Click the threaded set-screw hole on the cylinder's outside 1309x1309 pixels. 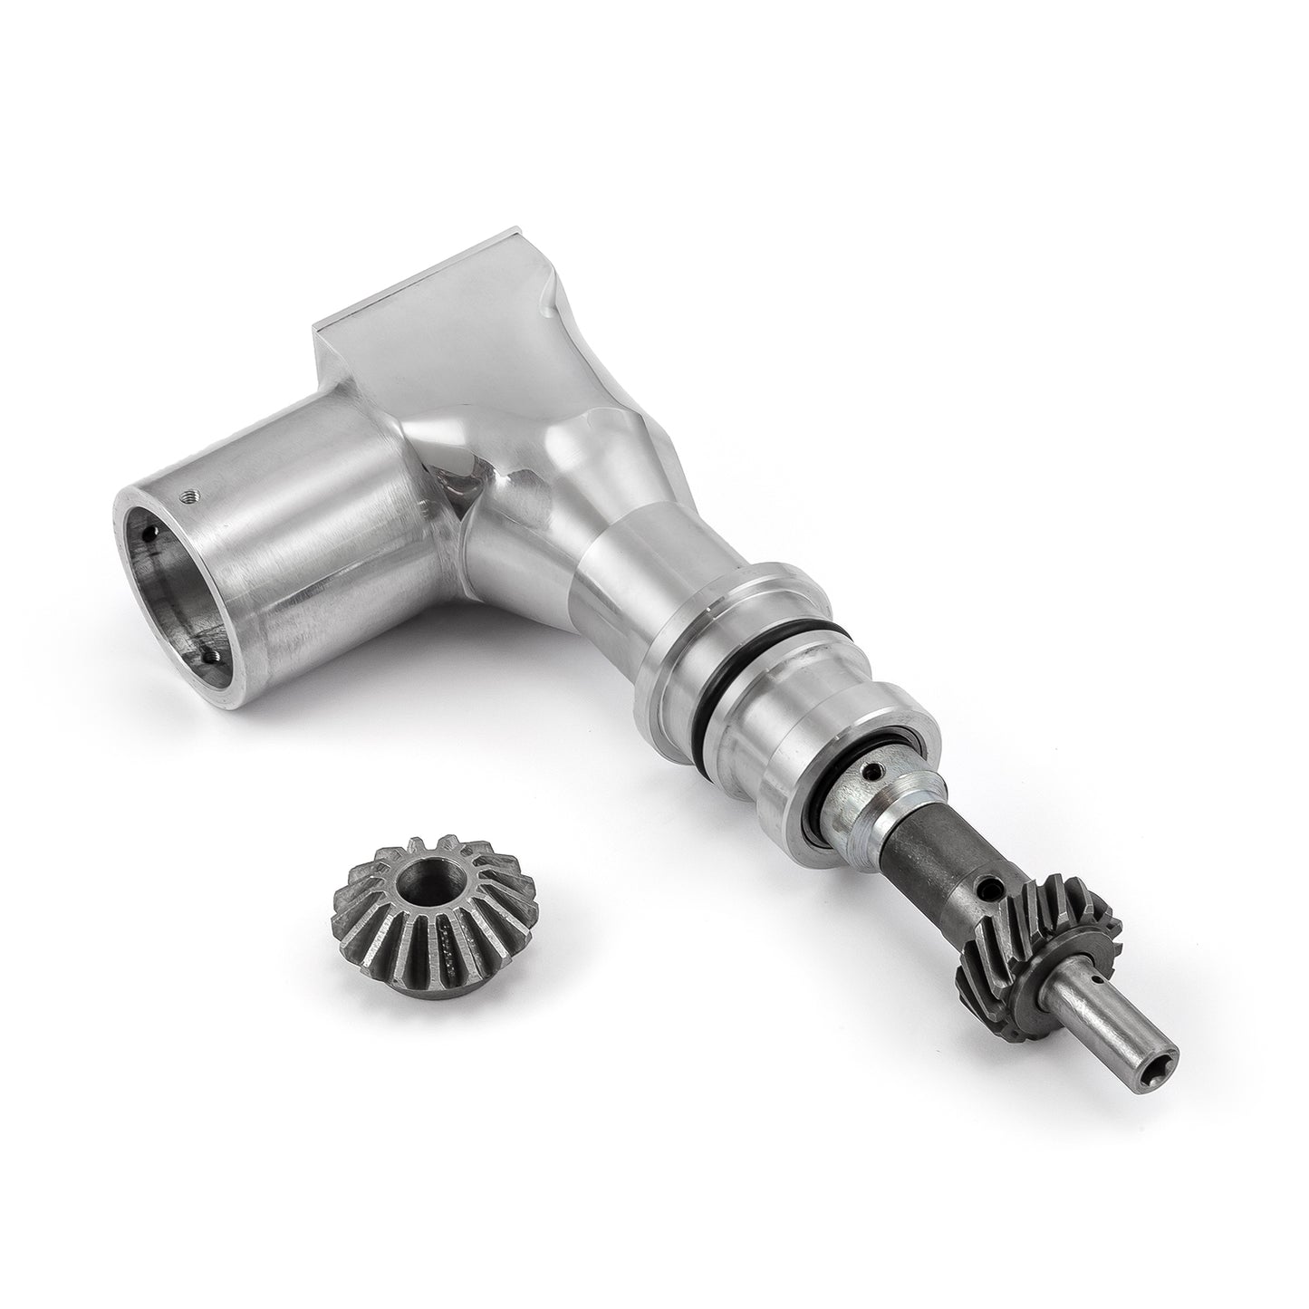coord(188,495)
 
